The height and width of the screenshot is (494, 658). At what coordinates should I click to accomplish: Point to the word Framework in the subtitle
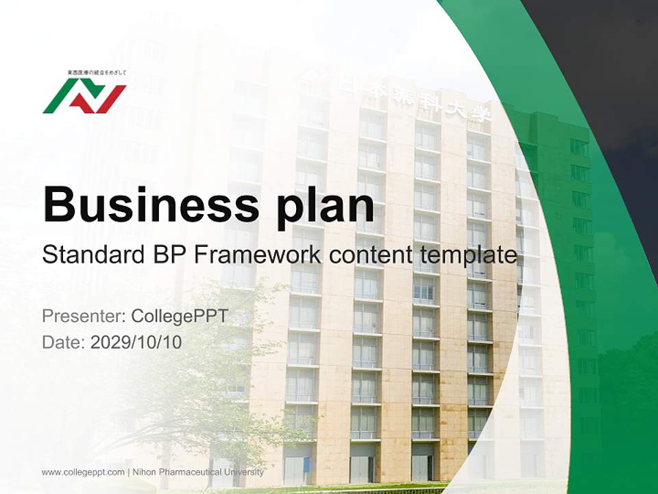257,255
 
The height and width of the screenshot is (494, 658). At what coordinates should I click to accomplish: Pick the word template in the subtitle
469,255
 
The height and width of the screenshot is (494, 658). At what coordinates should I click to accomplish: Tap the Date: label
64,342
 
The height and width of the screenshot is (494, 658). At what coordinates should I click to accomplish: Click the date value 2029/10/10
136,342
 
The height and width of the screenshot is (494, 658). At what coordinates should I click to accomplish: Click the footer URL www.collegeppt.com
83,472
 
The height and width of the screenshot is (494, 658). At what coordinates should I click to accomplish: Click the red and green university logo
84,95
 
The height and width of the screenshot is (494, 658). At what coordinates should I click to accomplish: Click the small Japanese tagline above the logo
97,72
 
